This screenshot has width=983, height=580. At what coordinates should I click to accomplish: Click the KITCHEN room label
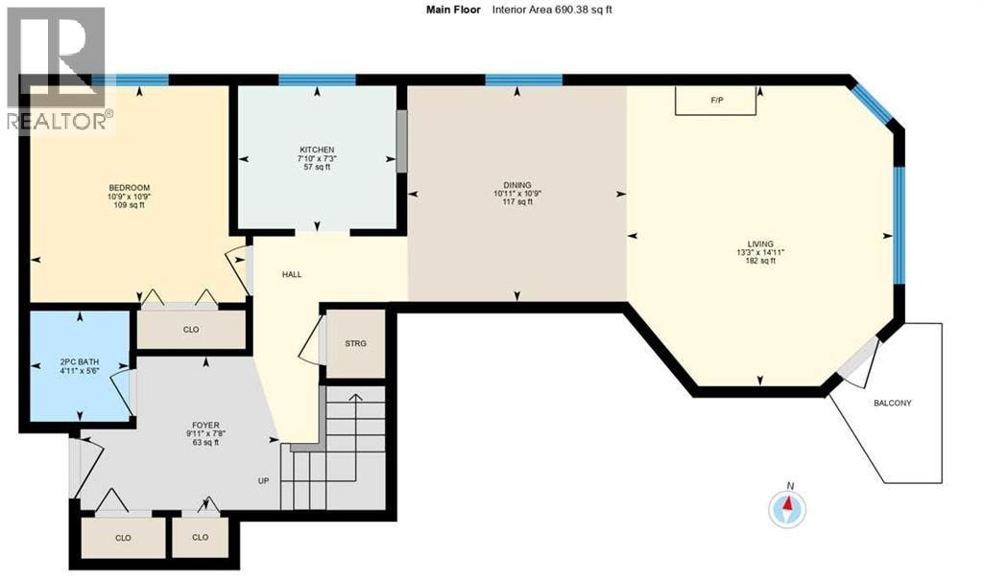click(x=317, y=150)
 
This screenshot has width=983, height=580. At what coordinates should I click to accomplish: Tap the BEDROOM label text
click(x=130, y=188)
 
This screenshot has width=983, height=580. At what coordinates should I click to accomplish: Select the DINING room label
click(x=517, y=185)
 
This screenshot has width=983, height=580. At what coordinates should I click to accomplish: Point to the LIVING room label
click(x=760, y=244)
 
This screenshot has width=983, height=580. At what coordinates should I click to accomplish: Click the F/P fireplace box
click(x=715, y=101)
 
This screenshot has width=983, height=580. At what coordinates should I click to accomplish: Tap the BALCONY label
click(x=893, y=404)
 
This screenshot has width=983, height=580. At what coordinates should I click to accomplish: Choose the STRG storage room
click(x=355, y=344)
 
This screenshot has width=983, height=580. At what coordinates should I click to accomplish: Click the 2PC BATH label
click(x=79, y=362)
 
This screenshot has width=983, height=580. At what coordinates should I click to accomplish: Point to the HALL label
click(x=292, y=274)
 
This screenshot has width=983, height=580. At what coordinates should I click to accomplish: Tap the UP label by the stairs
click(x=263, y=481)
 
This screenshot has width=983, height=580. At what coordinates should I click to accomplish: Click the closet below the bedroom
click(x=191, y=330)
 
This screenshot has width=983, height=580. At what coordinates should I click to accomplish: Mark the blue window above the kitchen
click(x=317, y=80)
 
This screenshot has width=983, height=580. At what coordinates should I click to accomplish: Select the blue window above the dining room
click(x=523, y=80)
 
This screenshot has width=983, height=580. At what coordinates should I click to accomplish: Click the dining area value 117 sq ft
click(x=517, y=202)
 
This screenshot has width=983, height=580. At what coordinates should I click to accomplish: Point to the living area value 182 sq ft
click(x=760, y=261)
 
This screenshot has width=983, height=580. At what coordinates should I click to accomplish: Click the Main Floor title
click(x=453, y=10)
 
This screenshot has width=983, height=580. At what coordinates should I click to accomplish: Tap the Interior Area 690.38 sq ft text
click(x=552, y=10)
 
